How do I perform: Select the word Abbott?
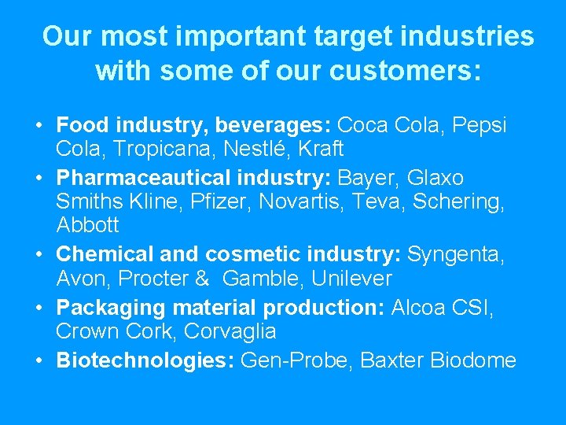(88, 227)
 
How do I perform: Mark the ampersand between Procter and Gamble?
(202, 279)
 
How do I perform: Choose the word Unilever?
(351, 279)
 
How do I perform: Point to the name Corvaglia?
(230, 331)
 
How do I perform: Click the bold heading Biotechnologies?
(145, 360)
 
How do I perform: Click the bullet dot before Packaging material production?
(39, 307)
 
